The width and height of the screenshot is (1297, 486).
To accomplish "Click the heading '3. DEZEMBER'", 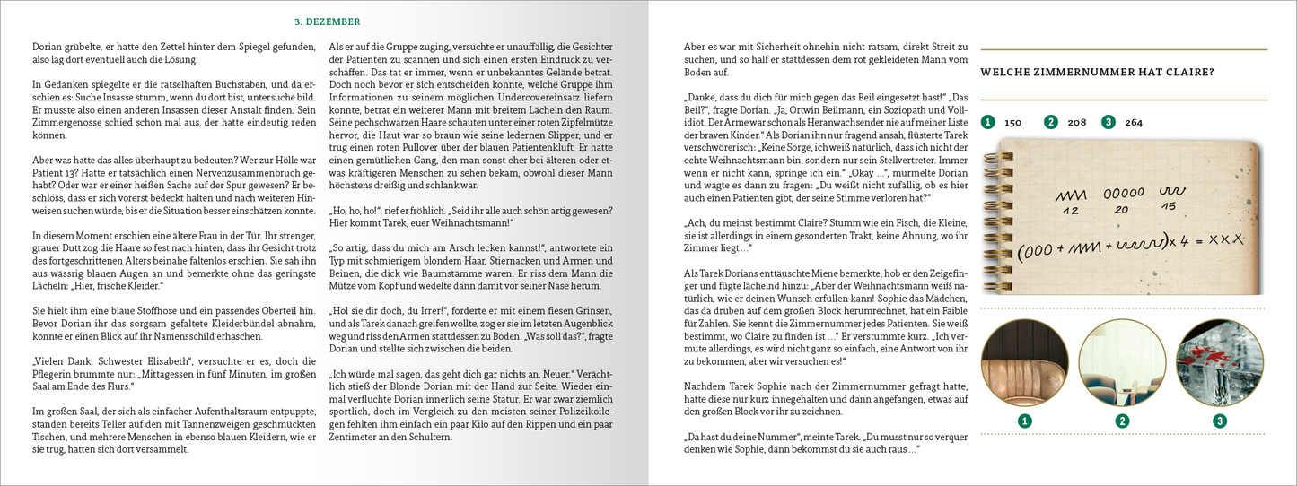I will (x=328, y=22).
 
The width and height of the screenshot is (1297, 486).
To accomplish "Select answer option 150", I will (x=1012, y=122).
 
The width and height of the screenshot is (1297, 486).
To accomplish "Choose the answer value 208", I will (x=1076, y=122).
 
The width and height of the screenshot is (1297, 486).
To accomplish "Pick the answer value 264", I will (x=1134, y=122).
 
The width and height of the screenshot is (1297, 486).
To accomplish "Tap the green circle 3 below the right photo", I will (x=1219, y=421).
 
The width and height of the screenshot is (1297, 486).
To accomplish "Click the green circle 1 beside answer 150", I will (x=988, y=122).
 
